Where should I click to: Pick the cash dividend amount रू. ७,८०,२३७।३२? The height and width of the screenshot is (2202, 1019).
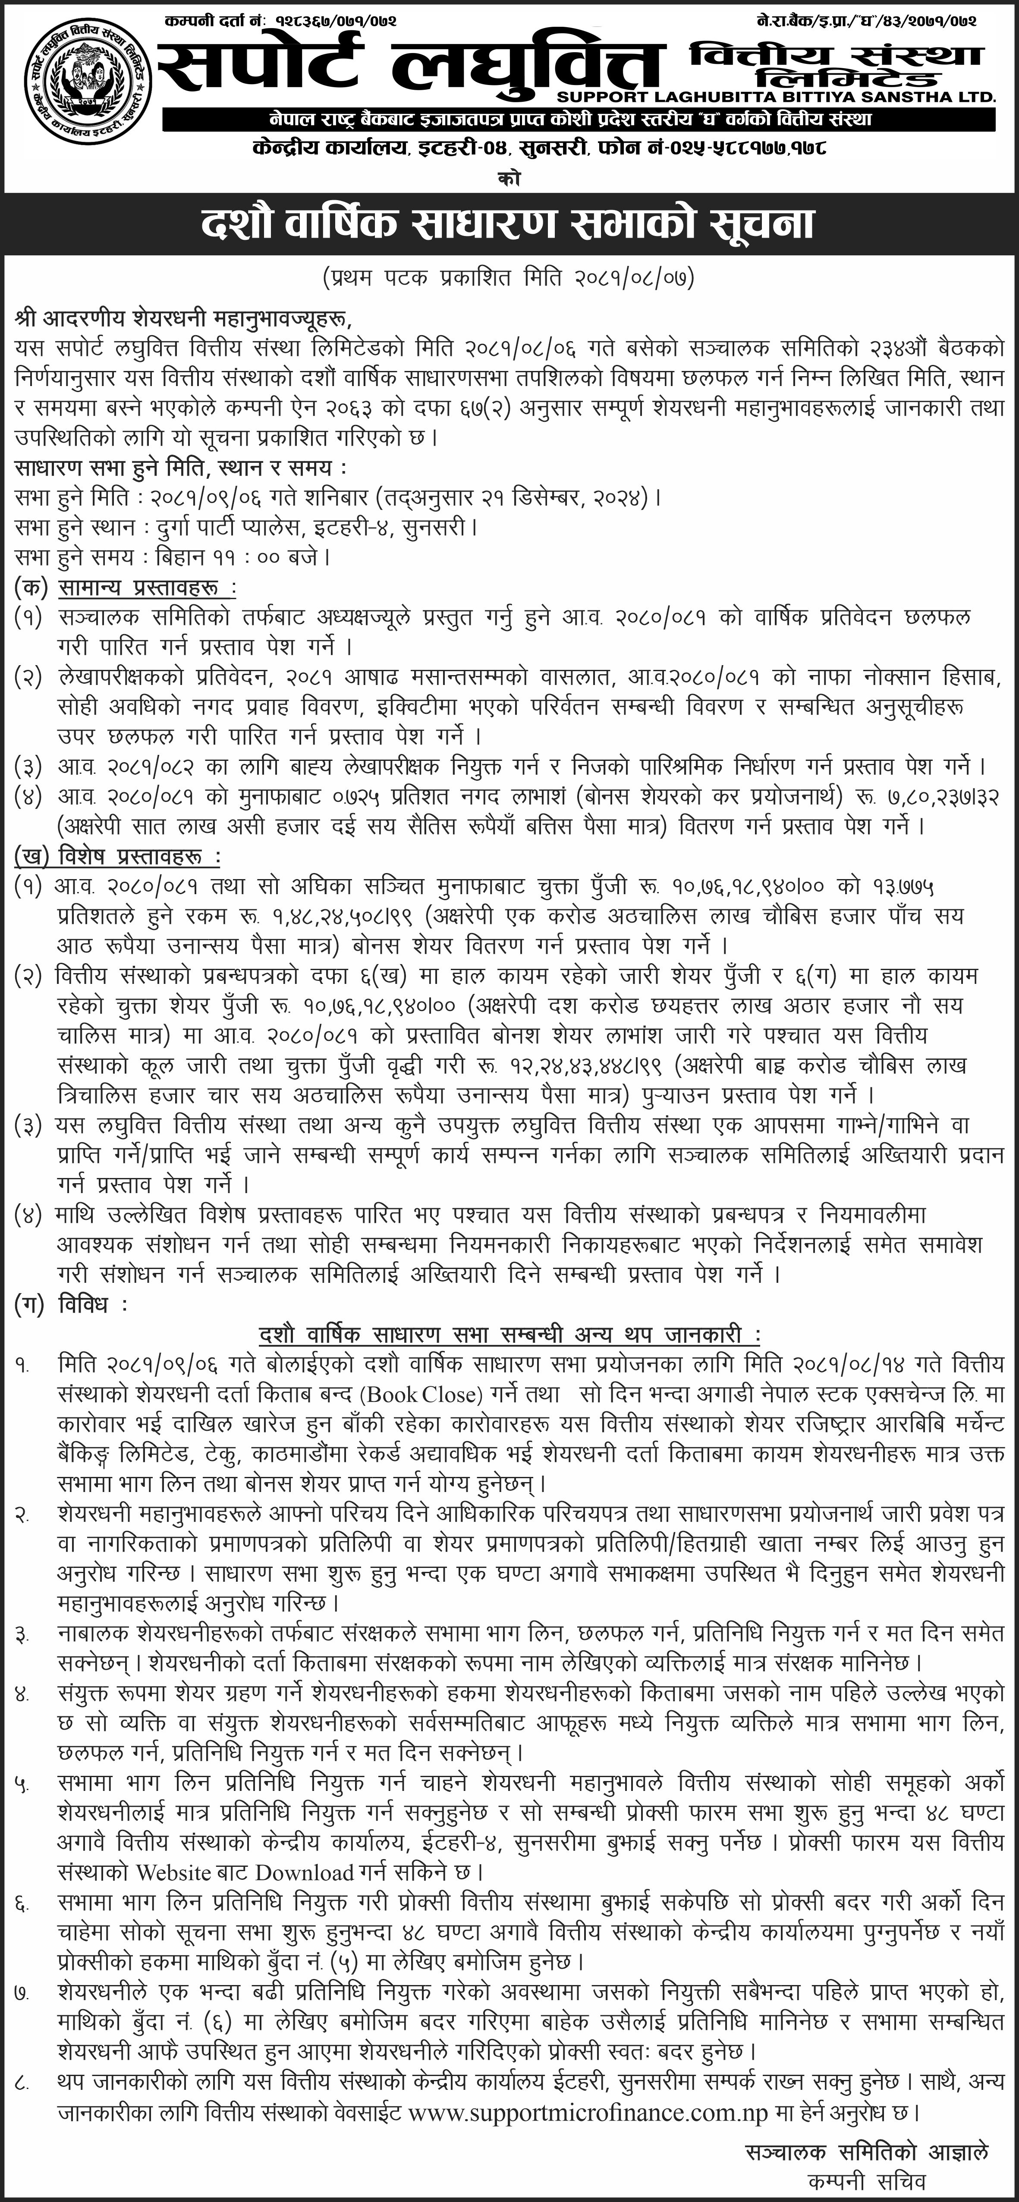point(923,797)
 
